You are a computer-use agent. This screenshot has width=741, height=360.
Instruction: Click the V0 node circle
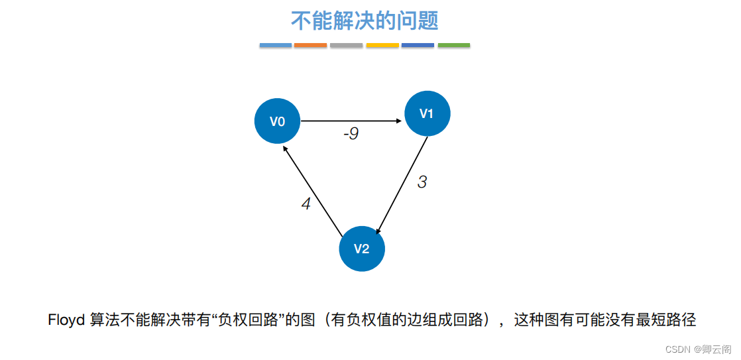277,121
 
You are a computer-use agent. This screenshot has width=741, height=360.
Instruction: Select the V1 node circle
427,113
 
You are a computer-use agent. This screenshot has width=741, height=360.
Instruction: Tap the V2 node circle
361,249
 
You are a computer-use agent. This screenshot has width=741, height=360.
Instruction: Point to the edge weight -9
351,134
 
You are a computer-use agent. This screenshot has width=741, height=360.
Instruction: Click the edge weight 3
422,182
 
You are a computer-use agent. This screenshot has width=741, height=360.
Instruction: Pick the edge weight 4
306,204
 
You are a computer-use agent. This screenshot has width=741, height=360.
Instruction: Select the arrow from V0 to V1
351,121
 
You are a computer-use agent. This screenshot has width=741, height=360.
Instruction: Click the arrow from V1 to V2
402,186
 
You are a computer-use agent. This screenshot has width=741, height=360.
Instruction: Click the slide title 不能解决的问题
365,21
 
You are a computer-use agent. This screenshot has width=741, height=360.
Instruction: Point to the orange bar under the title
311,45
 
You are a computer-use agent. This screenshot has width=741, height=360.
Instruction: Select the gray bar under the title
347,45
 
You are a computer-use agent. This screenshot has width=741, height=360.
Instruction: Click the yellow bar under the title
382,45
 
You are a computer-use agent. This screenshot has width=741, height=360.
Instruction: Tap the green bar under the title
454,45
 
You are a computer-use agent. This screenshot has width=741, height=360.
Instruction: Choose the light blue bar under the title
275,45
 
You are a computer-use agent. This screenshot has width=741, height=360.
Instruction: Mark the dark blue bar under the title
418,45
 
